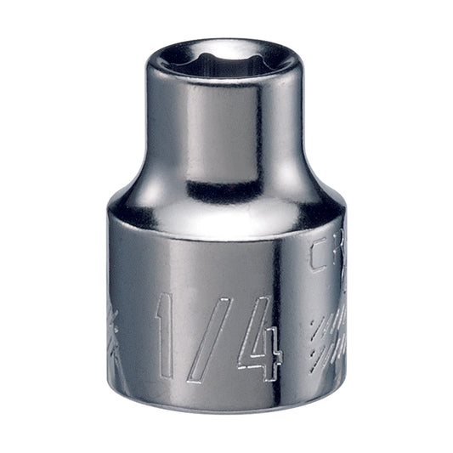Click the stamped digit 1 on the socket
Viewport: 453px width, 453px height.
167,335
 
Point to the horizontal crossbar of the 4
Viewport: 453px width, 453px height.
258,348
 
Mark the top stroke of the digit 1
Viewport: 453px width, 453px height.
161,302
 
